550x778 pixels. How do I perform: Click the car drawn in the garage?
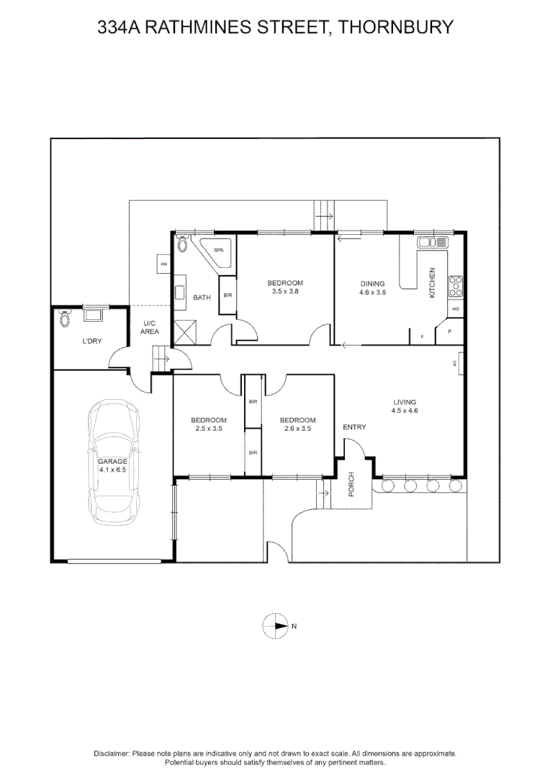pyautogui.click(x=113, y=461)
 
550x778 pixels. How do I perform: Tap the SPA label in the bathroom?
pyautogui.click(x=218, y=249)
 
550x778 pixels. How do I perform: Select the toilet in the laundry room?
pyautogui.click(x=66, y=318)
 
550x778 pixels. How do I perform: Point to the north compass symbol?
pyautogui.click(x=275, y=626)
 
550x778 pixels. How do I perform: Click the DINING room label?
pyautogui.click(x=372, y=284)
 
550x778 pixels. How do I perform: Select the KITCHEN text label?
pyautogui.click(x=433, y=282)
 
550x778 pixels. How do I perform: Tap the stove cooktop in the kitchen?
pyautogui.click(x=455, y=286)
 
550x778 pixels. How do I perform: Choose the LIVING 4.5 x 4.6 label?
pyautogui.click(x=405, y=406)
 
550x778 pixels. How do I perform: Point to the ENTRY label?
pyautogui.click(x=354, y=427)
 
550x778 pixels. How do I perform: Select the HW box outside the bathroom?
pyautogui.click(x=164, y=264)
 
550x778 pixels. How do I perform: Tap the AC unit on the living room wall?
pyautogui.click(x=456, y=363)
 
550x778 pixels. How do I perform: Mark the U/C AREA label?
pyautogui.click(x=150, y=327)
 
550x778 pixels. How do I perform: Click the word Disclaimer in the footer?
pyautogui.click(x=111, y=753)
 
